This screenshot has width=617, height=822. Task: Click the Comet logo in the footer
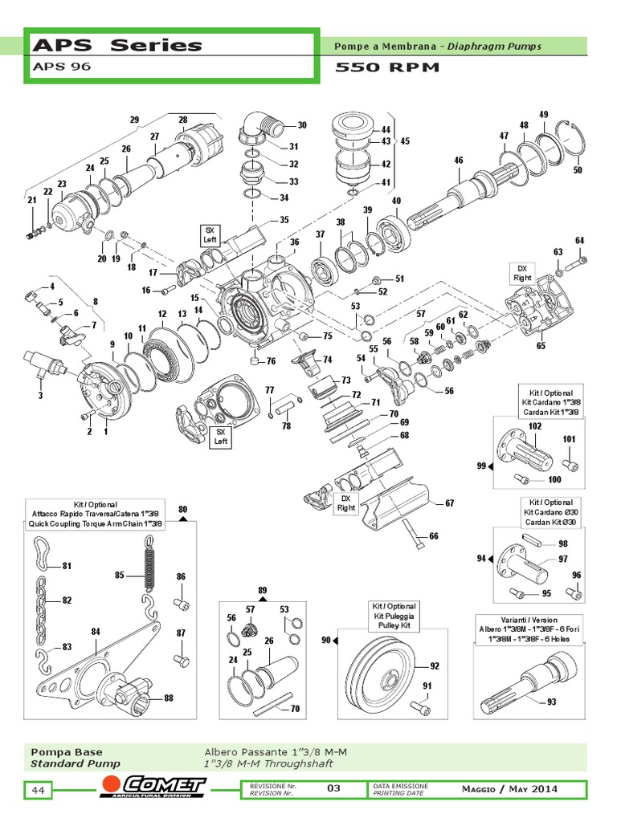tap(153, 789)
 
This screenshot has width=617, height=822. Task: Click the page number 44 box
tap(38, 791)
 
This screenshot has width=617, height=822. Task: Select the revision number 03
tap(333, 788)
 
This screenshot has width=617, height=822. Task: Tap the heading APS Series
tap(116, 45)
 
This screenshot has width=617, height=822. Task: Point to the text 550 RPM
tap(387, 67)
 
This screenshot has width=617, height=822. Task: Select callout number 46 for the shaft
tap(458, 161)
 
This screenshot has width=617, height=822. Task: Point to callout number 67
tap(449, 504)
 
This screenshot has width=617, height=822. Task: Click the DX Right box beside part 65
tap(522, 273)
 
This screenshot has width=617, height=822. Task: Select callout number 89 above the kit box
tap(262, 591)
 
